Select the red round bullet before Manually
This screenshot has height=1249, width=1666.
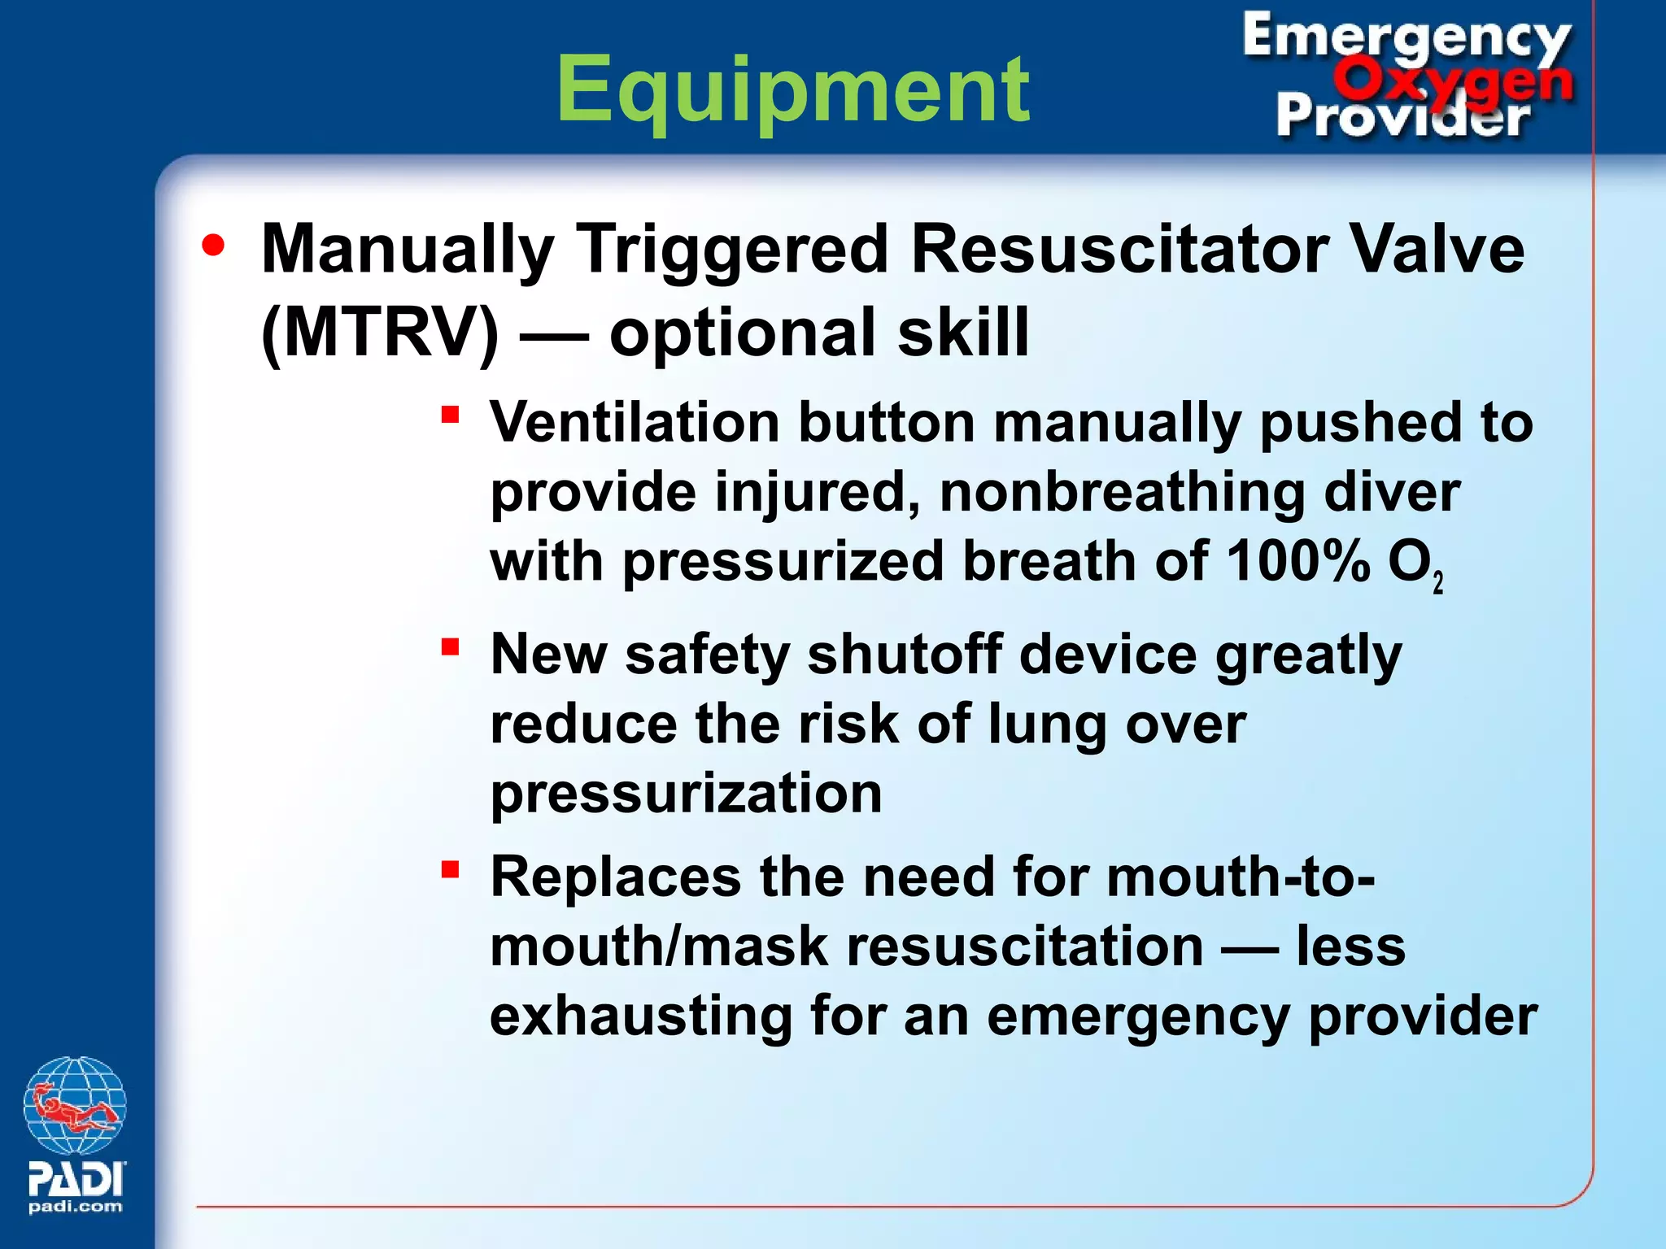click(213, 246)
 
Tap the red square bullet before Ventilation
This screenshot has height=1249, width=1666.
click(450, 416)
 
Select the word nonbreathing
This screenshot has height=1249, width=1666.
click(1122, 493)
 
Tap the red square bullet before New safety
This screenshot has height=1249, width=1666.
click(450, 647)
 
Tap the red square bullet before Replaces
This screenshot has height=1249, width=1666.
click(450, 870)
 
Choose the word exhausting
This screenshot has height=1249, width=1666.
click(640, 1016)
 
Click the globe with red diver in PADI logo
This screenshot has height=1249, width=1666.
click(75, 1106)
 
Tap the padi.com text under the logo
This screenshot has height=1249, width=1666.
click(75, 1207)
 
